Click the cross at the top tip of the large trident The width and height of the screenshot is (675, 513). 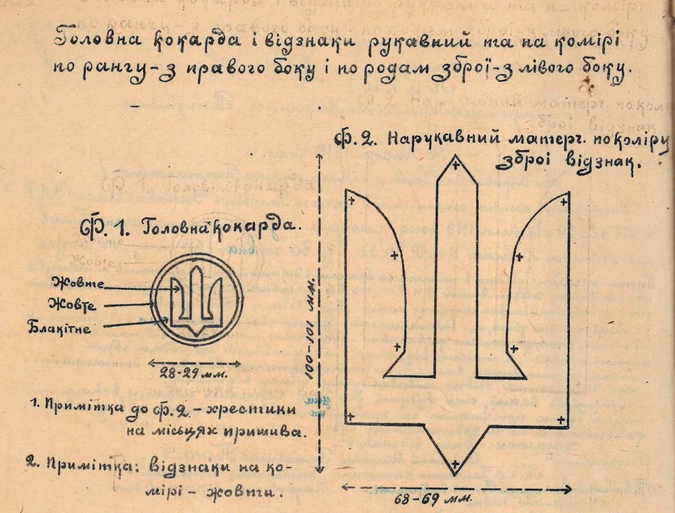point(456,166)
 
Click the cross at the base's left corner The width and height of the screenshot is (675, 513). point(350,417)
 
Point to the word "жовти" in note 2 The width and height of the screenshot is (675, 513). point(252,493)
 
